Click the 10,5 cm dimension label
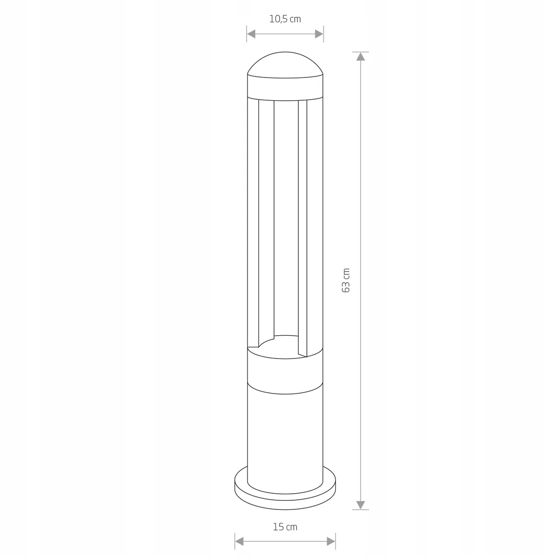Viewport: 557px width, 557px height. [285, 19]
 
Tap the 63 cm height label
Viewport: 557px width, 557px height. [346, 281]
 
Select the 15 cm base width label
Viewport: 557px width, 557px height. [285, 527]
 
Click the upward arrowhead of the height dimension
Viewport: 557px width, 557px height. [361, 57]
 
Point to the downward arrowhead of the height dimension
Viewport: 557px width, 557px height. [361, 505]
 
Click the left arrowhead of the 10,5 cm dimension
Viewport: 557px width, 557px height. [251, 34]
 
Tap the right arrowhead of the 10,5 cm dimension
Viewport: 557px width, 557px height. [319, 34]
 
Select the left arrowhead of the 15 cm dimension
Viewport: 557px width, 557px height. [239, 541]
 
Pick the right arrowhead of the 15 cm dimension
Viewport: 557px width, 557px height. [331, 541]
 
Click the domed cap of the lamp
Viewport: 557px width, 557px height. [285, 64]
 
